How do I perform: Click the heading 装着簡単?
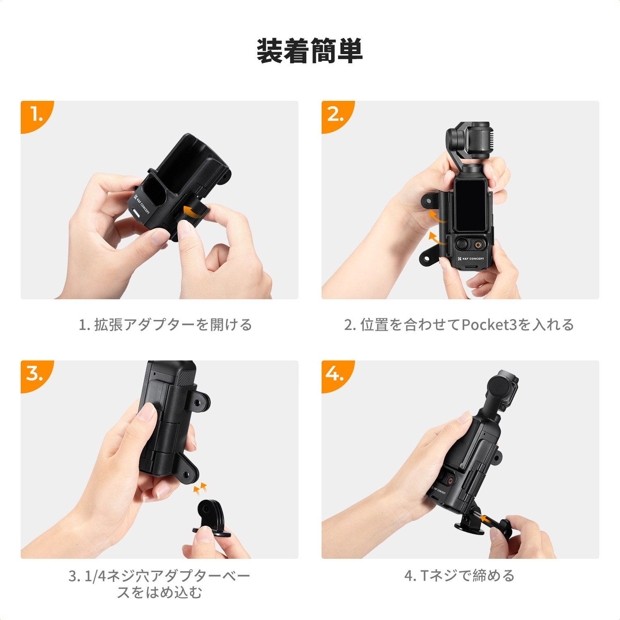pos(310,51)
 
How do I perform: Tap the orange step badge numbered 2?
pos(336,114)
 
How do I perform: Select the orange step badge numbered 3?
pos(35,374)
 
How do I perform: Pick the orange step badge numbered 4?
pos(335,374)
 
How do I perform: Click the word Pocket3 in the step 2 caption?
pos(489,325)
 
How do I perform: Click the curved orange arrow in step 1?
pos(193,211)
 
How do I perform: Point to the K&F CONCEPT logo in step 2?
pos(471,259)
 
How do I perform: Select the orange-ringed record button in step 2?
pos(478,245)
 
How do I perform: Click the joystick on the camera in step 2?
pos(462,244)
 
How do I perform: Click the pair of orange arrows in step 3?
pos(200,489)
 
